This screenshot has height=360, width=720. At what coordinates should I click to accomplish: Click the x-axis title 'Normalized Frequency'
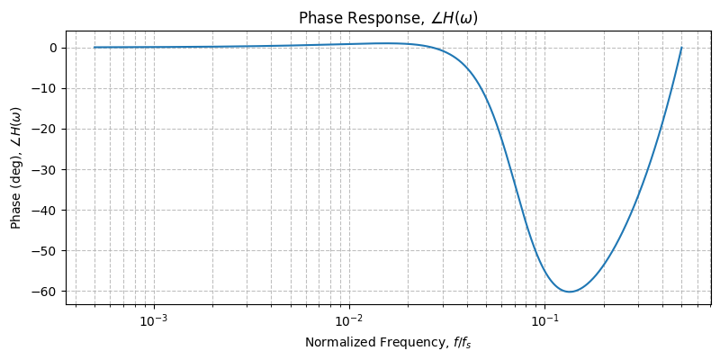coord(388,342)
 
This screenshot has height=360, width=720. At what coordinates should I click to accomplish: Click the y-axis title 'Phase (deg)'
coord(16,168)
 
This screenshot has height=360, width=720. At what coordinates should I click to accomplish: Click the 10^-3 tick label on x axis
coord(154,320)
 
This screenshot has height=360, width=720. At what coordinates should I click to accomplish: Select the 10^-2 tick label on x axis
coord(349,320)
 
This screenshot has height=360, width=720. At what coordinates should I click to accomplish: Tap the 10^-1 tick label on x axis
coord(544,320)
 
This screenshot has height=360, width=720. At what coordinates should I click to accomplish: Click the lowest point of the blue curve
coord(570,292)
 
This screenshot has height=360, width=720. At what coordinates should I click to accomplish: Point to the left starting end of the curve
coord(95,48)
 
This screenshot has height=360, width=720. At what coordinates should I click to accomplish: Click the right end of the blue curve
coord(681,48)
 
